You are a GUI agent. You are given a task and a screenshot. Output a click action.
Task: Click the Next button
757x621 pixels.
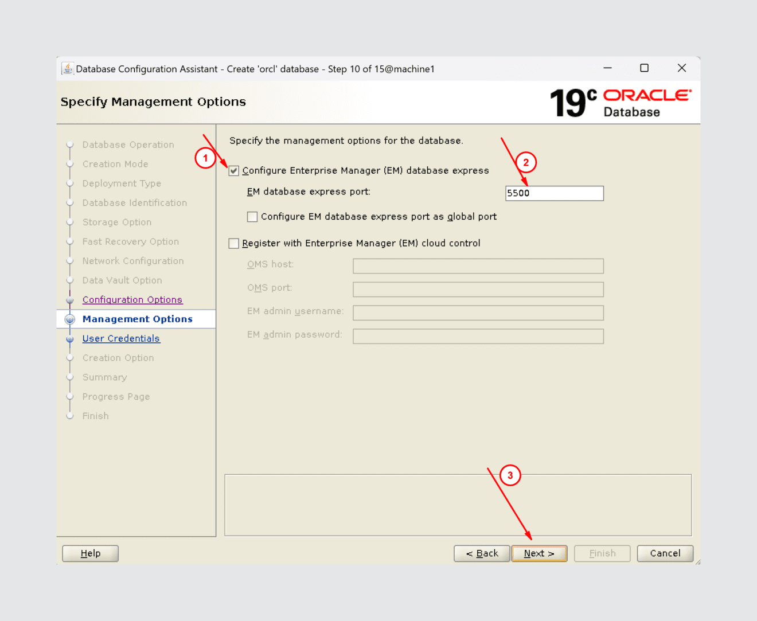click(539, 553)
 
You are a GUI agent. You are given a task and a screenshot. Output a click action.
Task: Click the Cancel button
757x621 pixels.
click(665, 553)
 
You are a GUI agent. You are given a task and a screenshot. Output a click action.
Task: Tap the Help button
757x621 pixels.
click(90, 553)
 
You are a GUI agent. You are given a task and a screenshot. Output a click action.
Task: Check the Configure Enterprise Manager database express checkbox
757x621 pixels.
click(234, 171)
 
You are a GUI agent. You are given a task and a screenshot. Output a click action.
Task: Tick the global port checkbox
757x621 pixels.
click(252, 217)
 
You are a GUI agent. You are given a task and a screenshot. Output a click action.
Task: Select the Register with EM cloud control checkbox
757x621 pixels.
click(234, 244)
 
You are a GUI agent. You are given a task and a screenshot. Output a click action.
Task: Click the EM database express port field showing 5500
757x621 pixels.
click(554, 193)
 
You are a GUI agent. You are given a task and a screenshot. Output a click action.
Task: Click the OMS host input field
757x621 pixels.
click(478, 266)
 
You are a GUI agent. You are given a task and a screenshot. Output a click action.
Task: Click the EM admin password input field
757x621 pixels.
click(478, 336)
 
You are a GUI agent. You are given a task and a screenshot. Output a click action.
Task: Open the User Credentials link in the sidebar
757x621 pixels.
click(121, 338)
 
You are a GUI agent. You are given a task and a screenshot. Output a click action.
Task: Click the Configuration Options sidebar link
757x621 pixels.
click(132, 300)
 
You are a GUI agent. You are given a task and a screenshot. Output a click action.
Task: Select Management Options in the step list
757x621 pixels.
click(137, 319)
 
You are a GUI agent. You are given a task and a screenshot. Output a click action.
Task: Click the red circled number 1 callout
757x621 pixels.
click(205, 158)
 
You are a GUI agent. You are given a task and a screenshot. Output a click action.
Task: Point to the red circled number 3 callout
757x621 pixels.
click(510, 475)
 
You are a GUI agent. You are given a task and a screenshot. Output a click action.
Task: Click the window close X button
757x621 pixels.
click(681, 68)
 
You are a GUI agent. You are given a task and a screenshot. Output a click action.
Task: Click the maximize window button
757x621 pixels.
click(644, 68)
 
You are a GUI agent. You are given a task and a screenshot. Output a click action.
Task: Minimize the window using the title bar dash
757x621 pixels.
click(607, 68)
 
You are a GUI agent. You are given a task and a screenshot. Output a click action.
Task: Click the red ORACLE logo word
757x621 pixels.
click(647, 95)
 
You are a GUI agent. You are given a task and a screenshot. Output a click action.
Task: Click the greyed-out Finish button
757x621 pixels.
click(602, 553)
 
